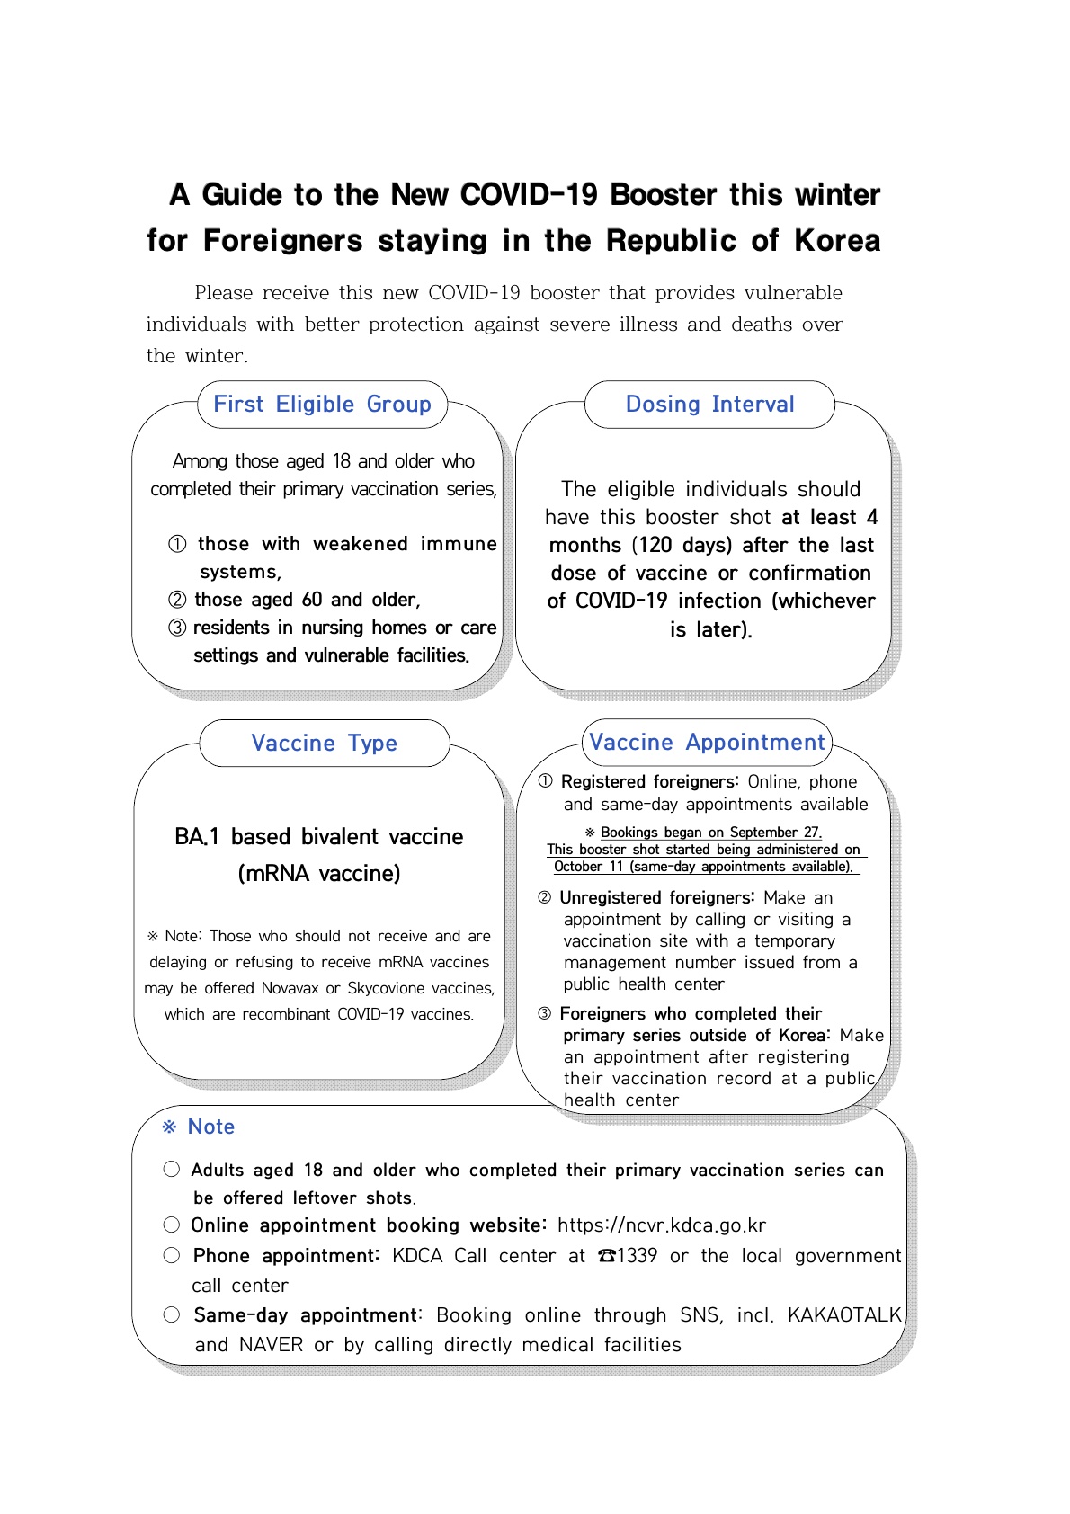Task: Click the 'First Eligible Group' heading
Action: (322, 405)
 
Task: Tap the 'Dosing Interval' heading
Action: (709, 405)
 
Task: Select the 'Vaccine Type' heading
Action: (324, 744)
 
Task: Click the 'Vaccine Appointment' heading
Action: (707, 743)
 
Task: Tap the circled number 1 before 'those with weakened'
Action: (178, 544)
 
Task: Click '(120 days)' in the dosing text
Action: (683, 546)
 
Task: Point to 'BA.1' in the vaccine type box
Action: (197, 837)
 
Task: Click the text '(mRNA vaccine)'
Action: (319, 874)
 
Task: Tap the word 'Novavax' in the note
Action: (290, 988)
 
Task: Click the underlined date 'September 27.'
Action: (775, 833)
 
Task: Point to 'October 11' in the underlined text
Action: (588, 867)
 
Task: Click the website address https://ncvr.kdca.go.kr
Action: (661, 1225)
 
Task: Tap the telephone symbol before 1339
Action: (607, 1256)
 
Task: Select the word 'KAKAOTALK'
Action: (844, 1315)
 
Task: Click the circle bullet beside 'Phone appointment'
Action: (172, 1256)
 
